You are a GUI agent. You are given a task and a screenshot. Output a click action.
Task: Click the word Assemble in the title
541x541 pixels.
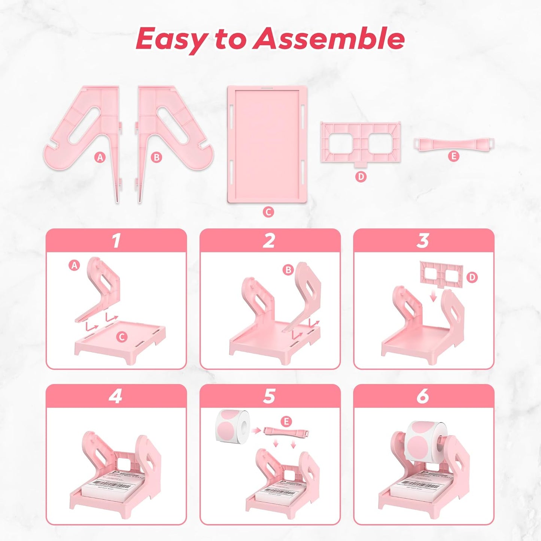click(328, 39)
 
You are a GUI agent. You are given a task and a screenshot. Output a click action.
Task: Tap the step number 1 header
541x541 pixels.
click(116, 240)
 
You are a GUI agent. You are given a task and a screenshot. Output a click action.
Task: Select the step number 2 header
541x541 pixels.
click(270, 240)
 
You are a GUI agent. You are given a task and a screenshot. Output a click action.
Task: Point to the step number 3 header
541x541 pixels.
click(423, 240)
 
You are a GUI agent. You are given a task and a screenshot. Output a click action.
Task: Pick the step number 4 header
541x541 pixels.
click(116, 396)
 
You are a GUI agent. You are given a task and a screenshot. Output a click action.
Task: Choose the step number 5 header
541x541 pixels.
click(270, 396)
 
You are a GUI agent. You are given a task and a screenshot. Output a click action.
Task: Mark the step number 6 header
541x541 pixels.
click(423, 396)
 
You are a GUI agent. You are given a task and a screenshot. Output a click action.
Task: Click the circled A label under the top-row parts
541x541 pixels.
click(100, 158)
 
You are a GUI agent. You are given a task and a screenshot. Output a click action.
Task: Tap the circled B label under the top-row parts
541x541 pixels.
click(156, 158)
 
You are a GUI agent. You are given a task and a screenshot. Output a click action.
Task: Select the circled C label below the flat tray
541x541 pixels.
click(268, 212)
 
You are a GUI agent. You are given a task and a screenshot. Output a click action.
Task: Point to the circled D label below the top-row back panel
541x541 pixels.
click(361, 176)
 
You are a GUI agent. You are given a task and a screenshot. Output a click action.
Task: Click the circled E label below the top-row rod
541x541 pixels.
click(454, 156)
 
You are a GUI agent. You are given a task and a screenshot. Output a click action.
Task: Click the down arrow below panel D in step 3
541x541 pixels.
click(434, 297)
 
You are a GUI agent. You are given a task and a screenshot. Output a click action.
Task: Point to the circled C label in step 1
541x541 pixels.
click(121, 337)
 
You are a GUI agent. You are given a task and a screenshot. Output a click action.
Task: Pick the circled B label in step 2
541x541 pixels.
click(288, 270)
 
